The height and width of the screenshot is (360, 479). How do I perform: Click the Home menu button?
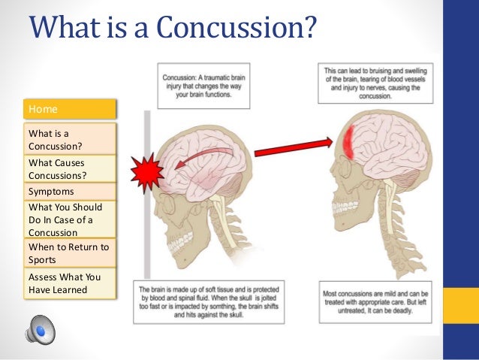pos(71,109)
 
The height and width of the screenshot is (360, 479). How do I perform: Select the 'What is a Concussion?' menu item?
pos(71,139)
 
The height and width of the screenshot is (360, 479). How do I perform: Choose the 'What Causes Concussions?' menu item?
pos(71,168)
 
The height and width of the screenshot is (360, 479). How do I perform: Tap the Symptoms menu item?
pos(71,191)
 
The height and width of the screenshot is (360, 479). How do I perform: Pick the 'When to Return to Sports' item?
pos(71,253)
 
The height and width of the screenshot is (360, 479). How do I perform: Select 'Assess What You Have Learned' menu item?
pos(71,283)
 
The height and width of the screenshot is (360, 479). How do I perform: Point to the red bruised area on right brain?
pos(350,143)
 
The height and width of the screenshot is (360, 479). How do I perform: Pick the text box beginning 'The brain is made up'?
pos(211,301)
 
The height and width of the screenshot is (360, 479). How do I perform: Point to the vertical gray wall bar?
pos(147,225)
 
